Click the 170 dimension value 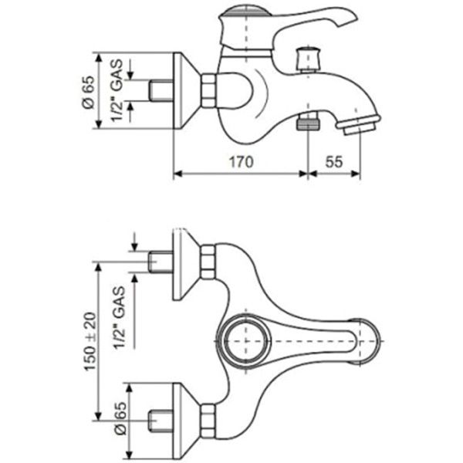coord(242,162)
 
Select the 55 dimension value coord(334,162)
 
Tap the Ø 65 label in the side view coord(89,92)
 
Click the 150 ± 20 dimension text coord(90,341)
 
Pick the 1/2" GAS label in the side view coord(117,90)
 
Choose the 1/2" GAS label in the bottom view coord(120,318)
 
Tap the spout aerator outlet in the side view coord(358,125)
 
